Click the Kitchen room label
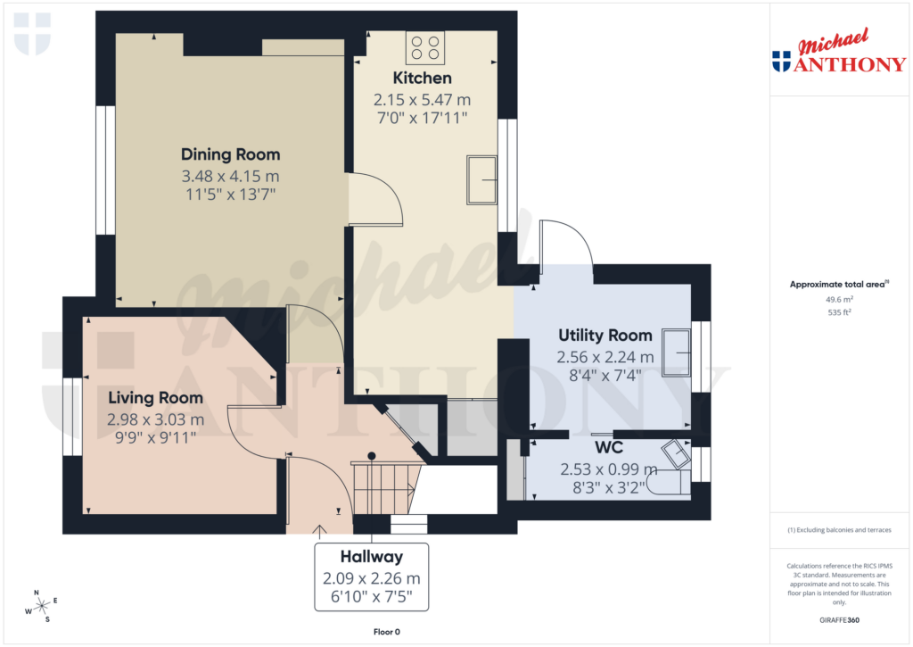pos(423,79)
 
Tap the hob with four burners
pos(425,46)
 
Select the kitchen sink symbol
pos(482,180)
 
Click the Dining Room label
pos(230,154)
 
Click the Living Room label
pos(155,397)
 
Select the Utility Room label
pos(605,336)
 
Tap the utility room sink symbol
pos(677,354)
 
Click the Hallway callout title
pos(371,557)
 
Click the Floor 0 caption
pos(386,632)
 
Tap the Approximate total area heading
pos(836,285)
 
